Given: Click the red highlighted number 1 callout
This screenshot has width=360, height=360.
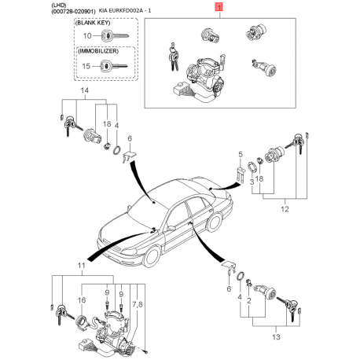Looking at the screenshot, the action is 219,7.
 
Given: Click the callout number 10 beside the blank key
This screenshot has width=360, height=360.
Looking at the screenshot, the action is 87,35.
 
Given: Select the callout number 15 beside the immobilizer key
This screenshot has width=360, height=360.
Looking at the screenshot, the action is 86,66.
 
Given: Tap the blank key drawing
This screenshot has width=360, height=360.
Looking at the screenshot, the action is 114,35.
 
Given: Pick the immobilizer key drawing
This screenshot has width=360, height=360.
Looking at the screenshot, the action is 114,66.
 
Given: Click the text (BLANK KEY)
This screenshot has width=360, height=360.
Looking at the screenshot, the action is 93,23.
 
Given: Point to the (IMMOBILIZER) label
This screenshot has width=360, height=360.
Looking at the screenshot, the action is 98,51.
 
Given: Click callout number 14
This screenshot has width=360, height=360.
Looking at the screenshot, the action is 84,90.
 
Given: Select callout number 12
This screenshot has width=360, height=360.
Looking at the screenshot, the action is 285,209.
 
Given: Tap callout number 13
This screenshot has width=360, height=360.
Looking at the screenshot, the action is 276,336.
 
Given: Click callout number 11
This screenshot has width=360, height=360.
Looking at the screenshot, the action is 82,266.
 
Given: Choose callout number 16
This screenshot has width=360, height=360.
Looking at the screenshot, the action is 82,299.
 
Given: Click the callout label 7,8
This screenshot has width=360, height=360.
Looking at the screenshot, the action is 137,304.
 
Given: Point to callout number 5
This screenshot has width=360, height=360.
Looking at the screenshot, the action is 241,154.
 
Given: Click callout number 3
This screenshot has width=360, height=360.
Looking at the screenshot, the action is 252,182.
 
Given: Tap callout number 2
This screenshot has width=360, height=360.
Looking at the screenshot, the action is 248,300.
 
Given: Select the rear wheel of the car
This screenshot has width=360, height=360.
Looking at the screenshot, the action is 215,222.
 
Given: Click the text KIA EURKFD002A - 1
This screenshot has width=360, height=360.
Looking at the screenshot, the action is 125,11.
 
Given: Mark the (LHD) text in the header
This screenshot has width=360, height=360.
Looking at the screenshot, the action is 59,6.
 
